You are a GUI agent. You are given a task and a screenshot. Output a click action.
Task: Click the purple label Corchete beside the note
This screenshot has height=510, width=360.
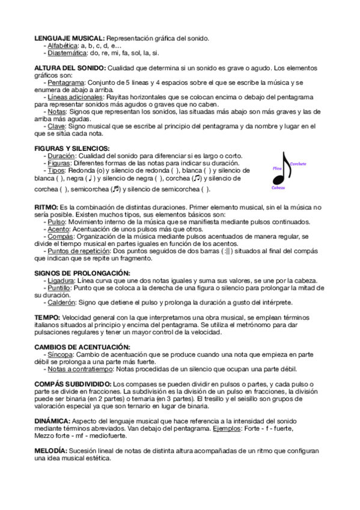299,164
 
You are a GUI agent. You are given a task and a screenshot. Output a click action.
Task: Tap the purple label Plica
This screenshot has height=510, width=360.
277,169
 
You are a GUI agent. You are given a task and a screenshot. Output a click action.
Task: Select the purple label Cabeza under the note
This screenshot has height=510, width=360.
278,188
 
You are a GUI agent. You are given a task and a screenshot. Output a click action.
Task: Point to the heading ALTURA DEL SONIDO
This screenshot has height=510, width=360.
70,68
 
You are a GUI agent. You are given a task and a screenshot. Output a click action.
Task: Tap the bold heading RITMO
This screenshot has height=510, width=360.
46,207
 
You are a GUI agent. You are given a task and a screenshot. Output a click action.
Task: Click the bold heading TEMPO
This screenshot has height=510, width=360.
47,317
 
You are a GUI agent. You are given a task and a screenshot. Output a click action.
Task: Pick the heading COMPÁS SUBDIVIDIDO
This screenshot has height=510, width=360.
73,384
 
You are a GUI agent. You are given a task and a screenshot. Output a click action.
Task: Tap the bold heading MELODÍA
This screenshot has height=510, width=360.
51,450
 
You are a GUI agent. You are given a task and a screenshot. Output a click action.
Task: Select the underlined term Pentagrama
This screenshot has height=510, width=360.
66,82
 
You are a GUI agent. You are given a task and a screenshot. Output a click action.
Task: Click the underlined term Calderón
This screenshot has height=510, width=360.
61,303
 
